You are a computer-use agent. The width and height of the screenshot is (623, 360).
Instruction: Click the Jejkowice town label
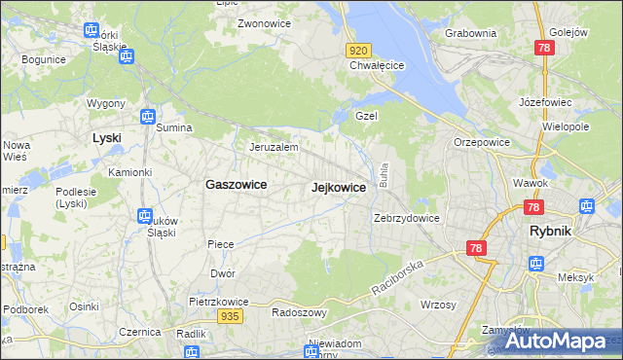pos(338,187)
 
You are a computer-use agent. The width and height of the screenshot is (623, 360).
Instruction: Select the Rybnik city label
pos(556,231)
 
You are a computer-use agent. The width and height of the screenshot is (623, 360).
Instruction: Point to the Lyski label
pos(106,138)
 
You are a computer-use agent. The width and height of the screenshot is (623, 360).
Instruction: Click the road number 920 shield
pos(358,50)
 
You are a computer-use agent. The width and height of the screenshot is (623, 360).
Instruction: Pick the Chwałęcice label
pos(377,66)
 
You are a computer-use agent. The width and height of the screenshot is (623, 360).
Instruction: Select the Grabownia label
pos(471,33)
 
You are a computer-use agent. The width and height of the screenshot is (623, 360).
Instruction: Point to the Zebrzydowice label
pos(407,218)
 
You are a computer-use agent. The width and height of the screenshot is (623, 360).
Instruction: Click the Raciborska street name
pos(399,277)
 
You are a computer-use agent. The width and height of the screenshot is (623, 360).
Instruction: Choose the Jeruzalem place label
pos(274,147)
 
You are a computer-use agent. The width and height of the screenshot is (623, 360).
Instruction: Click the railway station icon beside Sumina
pos(147,117)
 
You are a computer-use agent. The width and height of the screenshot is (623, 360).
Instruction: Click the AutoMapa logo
pos(556,341)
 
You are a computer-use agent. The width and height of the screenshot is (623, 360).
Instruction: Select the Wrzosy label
pos(438,305)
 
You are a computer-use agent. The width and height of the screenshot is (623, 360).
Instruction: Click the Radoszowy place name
pos(299,313)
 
